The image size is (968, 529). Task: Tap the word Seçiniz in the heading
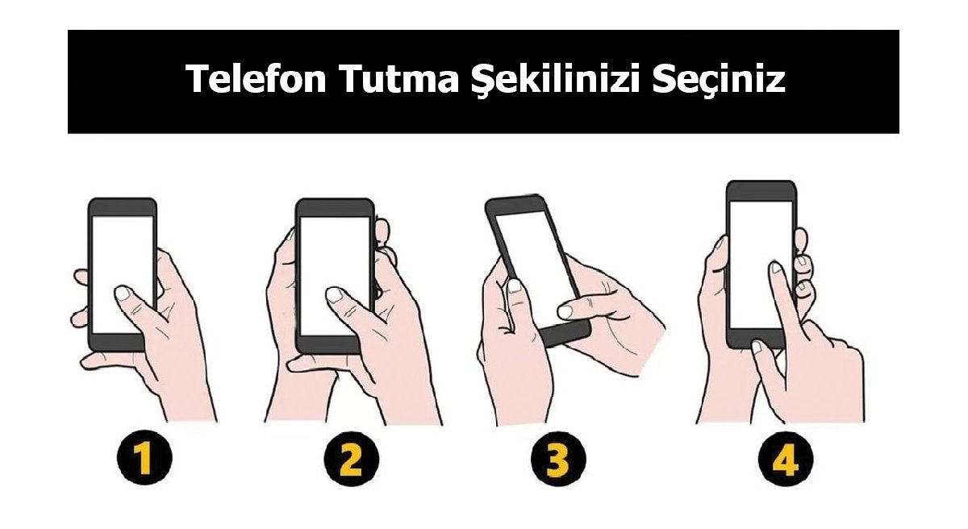(718, 79)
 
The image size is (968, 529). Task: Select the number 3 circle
(556, 461)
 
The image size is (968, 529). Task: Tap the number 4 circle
(784, 461)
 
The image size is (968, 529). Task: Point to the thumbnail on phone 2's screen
(334, 294)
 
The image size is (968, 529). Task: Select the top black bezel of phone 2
(335, 206)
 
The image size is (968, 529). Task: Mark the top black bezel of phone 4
(761, 191)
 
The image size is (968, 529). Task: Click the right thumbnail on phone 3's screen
(565, 309)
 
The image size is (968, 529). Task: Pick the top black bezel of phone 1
(122, 206)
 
